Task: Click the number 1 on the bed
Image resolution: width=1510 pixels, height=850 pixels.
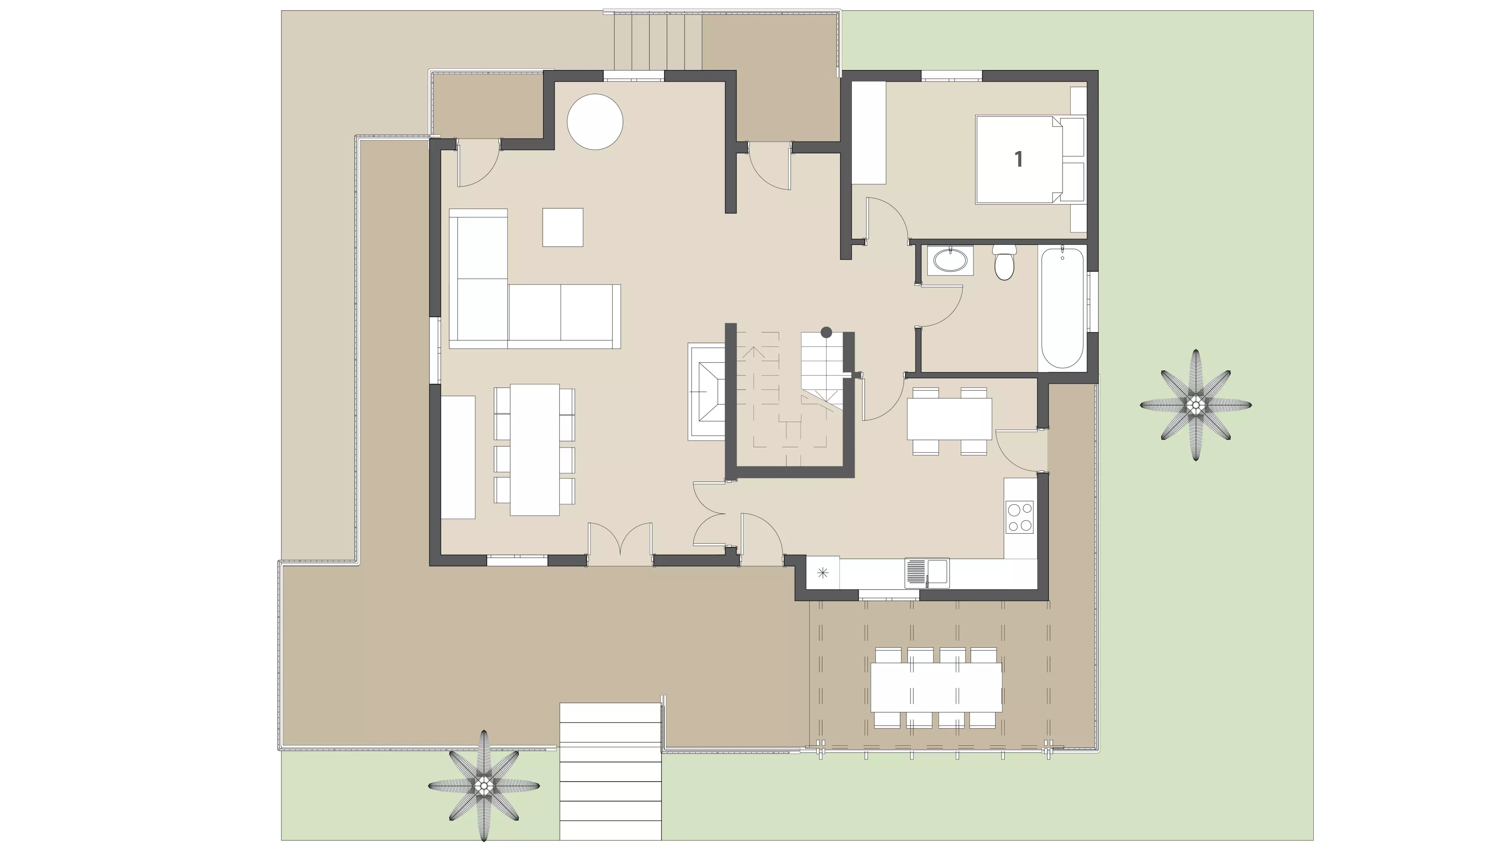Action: pyautogui.click(x=1019, y=159)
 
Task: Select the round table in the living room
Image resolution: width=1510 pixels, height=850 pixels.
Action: pyautogui.click(x=595, y=122)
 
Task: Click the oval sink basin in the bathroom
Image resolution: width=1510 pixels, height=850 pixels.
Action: pyautogui.click(x=950, y=261)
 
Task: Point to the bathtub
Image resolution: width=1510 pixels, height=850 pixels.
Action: pyautogui.click(x=1062, y=308)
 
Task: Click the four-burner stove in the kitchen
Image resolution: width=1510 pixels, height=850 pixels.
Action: pyautogui.click(x=1020, y=517)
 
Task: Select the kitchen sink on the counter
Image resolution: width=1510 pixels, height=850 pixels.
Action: pyautogui.click(x=927, y=572)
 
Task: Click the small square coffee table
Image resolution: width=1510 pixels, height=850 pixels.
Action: pyautogui.click(x=563, y=227)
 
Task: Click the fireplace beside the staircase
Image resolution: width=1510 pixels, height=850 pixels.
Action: pyautogui.click(x=707, y=392)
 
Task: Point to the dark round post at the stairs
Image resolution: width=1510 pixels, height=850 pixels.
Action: pyautogui.click(x=827, y=332)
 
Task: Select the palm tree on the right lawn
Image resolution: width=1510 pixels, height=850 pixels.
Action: pyautogui.click(x=1196, y=404)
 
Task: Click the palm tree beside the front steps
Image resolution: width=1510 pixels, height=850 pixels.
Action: pyautogui.click(x=484, y=785)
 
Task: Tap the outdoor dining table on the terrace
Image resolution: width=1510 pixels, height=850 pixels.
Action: pyautogui.click(x=936, y=687)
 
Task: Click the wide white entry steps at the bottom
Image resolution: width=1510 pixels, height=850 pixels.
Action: pyautogui.click(x=610, y=771)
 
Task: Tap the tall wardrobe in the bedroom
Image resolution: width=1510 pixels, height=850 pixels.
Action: pyautogui.click(x=869, y=133)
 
